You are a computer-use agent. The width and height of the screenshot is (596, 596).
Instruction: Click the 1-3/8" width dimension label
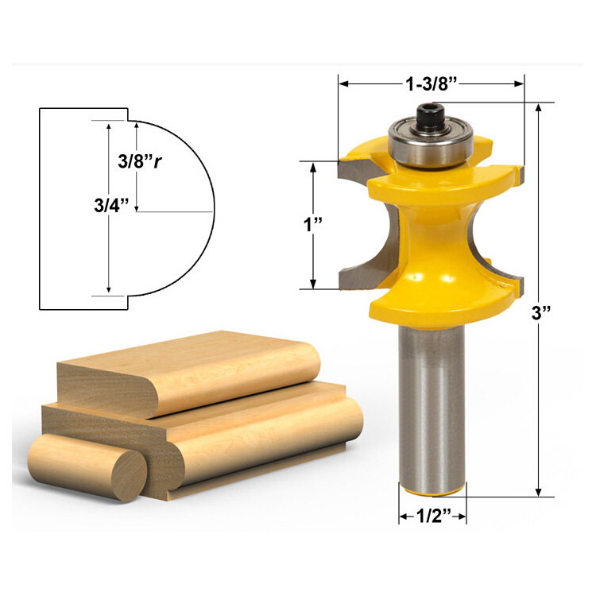click(431, 82)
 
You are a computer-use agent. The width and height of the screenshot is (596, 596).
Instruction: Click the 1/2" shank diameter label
click(432, 515)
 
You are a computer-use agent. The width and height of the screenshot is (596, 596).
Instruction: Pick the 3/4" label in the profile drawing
click(106, 205)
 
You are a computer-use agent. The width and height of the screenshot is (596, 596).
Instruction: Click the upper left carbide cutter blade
click(352, 168)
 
